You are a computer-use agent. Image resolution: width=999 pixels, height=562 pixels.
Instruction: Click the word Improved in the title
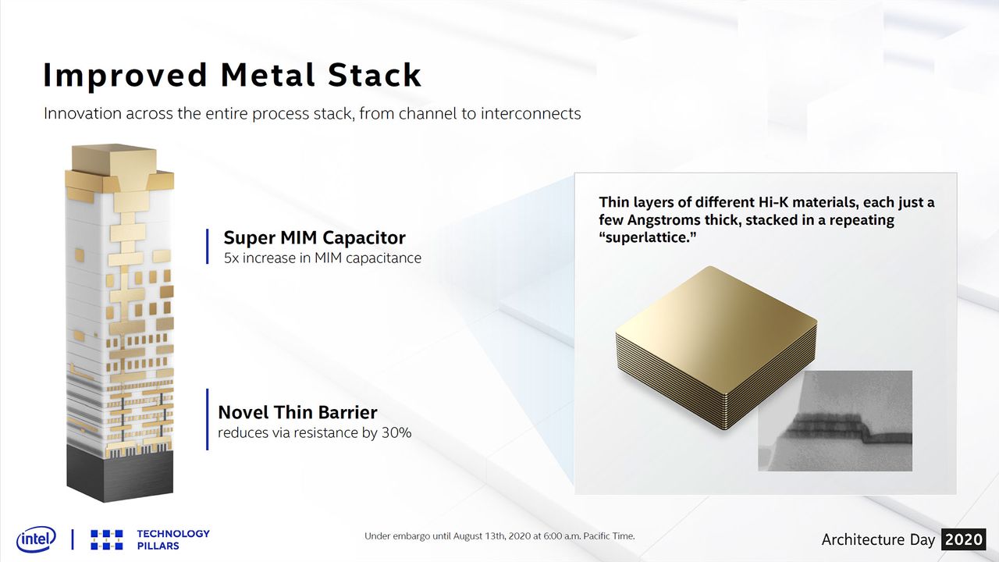tap(126, 76)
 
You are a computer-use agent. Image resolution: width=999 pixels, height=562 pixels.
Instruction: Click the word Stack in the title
tap(375, 74)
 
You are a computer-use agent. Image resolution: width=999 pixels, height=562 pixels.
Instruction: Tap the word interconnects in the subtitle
tap(531, 113)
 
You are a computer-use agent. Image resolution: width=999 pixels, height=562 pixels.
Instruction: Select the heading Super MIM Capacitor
tap(315, 238)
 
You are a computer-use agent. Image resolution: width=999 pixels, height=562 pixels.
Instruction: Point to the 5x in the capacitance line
tap(231, 258)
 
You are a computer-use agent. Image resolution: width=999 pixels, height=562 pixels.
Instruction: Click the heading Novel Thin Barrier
tap(297, 413)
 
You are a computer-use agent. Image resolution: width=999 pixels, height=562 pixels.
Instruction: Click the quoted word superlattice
tap(648, 237)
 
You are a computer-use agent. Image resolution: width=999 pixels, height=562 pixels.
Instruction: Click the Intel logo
tap(36, 539)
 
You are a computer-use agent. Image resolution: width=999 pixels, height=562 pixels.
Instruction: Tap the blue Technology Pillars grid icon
tap(107, 539)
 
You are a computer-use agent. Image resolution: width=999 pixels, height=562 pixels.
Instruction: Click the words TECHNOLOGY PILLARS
tap(173, 539)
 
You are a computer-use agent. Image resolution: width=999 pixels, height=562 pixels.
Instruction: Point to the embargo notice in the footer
tap(499, 535)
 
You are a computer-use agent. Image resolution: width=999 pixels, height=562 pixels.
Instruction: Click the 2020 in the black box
tap(964, 539)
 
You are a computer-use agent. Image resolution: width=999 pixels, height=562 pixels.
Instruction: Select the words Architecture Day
tap(878, 539)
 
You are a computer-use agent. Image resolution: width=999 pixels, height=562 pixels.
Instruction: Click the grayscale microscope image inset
tap(835, 421)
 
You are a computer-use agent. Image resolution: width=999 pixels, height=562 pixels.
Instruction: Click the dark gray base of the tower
tap(119, 473)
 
